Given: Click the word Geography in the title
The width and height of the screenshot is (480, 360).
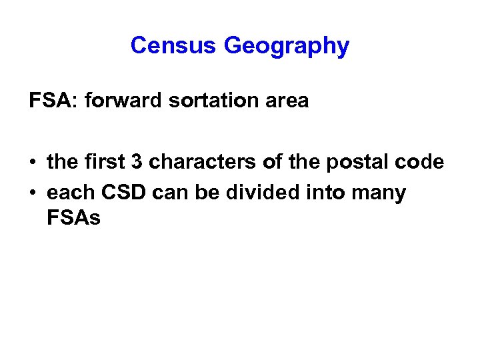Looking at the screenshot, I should (x=286, y=47).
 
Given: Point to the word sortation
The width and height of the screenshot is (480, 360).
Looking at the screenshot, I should (x=200, y=101).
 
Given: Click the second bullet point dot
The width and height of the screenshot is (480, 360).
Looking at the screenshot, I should (x=33, y=193).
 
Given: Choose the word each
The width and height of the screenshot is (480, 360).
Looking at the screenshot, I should (x=71, y=193).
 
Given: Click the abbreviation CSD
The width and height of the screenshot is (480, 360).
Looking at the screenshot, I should (x=125, y=193).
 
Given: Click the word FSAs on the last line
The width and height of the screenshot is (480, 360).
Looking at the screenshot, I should (x=73, y=217).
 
